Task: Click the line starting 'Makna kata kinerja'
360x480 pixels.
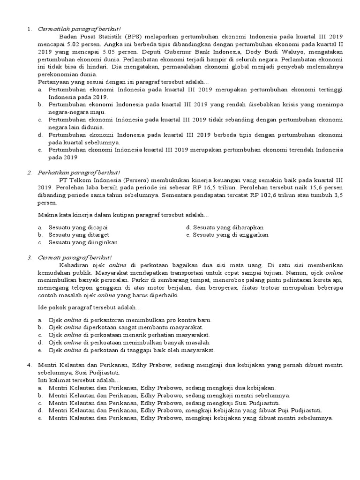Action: coord(123,215)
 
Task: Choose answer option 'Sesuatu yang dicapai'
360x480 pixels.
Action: coord(77,227)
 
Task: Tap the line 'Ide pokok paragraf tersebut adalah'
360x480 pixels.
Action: coord(89,307)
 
